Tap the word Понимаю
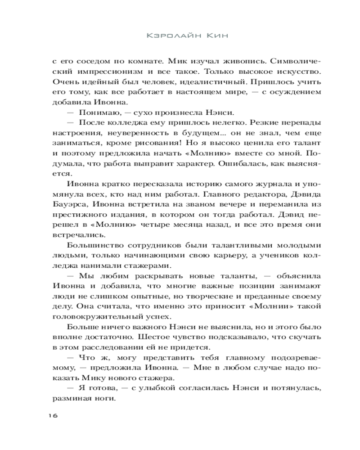coord(100,112)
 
